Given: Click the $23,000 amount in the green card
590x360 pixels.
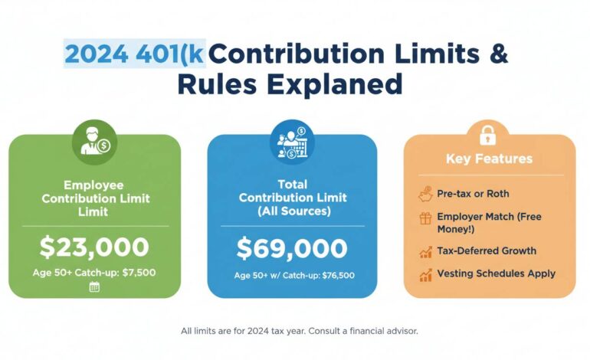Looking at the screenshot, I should [x=94, y=247].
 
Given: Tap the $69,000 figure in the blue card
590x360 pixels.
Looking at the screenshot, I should [x=291, y=248].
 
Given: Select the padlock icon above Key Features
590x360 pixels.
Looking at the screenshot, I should [x=488, y=136].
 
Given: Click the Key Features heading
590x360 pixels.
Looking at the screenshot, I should [x=489, y=159].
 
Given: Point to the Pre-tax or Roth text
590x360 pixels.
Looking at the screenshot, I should [x=473, y=194].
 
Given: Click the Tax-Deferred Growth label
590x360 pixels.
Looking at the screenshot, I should [x=487, y=250].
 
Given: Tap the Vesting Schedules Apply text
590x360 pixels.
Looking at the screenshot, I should [x=496, y=273].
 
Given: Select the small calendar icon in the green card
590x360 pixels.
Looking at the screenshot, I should [x=94, y=286].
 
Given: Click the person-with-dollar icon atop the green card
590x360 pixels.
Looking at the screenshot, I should [x=94, y=142].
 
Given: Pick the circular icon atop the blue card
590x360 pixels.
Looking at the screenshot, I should [x=292, y=142].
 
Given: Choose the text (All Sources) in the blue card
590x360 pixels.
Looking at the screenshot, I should [x=292, y=210].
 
